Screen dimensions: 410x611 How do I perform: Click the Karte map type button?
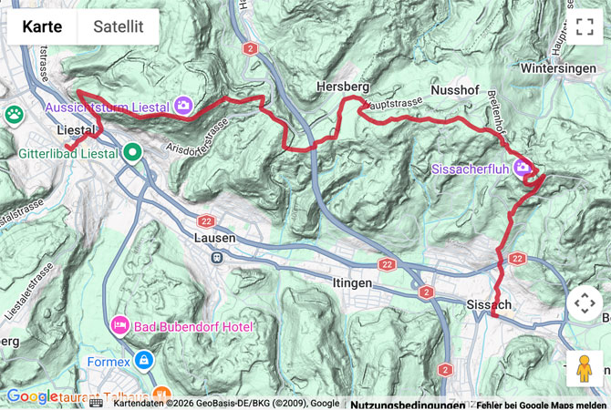pos(42,26)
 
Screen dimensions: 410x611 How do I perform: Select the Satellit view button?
pos(118,26)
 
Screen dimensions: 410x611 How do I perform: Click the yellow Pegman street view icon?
pos(585,369)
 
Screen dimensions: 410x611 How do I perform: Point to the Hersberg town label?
pos(342,86)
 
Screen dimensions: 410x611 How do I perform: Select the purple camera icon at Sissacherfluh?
pos(523,167)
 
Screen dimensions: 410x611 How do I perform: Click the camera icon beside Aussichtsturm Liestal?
pos(183,107)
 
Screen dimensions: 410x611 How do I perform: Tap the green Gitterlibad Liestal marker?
pos(133,153)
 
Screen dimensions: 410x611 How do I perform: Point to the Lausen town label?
pos(215,238)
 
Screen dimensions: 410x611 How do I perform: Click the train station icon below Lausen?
pos(217,257)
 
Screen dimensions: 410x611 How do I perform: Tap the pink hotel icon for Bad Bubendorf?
pos(119,325)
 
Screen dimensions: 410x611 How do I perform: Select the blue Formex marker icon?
pos(143,361)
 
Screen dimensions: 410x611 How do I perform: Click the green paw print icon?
pos(14,115)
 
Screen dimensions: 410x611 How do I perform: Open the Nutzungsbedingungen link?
pos(406,405)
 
